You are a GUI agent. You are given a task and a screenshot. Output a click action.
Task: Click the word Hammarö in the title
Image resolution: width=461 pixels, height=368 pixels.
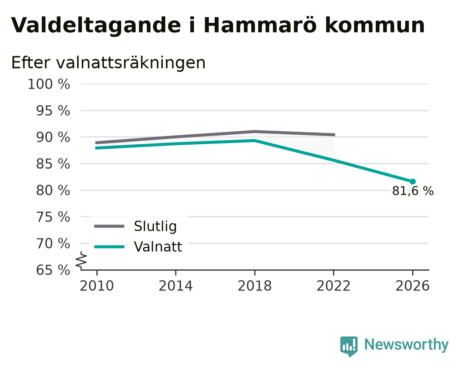pyautogui.click(x=260, y=26)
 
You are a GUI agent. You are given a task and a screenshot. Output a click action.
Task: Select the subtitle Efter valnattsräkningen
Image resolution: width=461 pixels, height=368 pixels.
pyautogui.click(x=108, y=63)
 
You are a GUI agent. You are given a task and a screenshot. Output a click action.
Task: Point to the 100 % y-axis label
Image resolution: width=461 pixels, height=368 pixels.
pyautogui.click(x=49, y=84)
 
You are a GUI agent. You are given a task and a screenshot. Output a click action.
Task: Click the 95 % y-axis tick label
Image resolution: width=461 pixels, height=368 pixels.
pyautogui.click(x=53, y=111)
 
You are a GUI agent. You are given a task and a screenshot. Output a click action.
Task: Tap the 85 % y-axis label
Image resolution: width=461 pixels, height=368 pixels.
pyautogui.click(x=53, y=164)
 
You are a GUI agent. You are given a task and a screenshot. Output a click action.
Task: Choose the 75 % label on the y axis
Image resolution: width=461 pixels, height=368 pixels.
pyautogui.click(x=53, y=217)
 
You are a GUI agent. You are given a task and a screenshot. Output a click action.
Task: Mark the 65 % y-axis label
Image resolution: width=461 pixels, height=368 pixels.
pyautogui.click(x=53, y=270)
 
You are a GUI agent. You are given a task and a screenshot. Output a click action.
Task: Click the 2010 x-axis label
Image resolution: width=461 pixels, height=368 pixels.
pyautogui.click(x=97, y=286)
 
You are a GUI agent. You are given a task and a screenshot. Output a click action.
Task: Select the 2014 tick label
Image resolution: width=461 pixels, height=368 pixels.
pyautogui.click(x=176, y=286)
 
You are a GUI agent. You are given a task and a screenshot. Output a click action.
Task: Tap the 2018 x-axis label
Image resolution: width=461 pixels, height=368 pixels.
pyautogui.click(x=255, y=286)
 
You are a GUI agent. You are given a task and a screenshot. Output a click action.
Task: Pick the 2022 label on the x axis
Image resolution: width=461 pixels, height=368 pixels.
pyautogui.click(x=333, y=286)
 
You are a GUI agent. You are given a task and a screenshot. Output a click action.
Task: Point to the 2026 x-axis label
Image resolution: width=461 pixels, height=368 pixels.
pyautogui.click(x=413, y=286)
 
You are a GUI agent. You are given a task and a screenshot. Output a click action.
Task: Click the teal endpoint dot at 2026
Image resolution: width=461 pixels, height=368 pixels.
pyautogui.click(x=413, y=181)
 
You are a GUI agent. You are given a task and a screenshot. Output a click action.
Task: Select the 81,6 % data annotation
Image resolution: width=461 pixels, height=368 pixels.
pyautogui.click(x=413, y=191)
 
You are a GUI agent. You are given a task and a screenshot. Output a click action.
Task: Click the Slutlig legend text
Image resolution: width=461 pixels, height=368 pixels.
pyautogui.click(x=155, y=226)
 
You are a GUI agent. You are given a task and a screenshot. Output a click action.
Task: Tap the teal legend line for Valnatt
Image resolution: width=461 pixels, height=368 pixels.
pyautogui.click(x=109, y=247)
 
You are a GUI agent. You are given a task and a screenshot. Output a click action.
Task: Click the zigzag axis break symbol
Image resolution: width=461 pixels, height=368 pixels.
pyautogui.click(x=81, y=260)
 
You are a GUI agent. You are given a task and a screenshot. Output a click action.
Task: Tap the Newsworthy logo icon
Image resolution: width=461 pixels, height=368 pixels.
pyautogui.click(x=349, y=346)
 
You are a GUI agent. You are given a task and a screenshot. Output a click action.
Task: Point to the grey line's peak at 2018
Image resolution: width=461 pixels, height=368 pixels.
pyautogui.click(x=255, y=132)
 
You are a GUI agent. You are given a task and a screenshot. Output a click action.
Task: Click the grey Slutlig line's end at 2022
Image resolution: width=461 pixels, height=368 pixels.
pyautogui.click(x=335, y=135)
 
